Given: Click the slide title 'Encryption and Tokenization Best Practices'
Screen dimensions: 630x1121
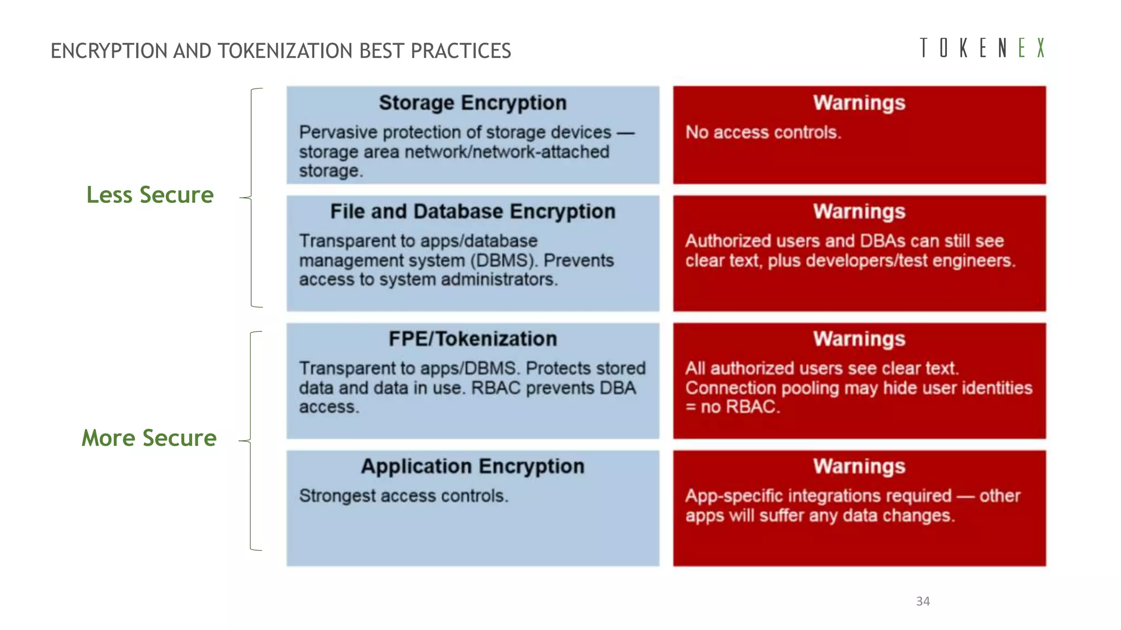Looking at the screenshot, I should pyautogui.click(x=281, y=51).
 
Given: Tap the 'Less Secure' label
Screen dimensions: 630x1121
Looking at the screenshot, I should pyautogui.click(x=150, y=195).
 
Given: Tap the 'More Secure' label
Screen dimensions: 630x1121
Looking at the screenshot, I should pyautogui.click(x=149, y=438).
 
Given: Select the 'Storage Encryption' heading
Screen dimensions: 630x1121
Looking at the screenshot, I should pyautogui.click(x=472, y=103).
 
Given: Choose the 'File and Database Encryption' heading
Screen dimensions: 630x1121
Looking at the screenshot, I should pyautogui.click(x=472, y=212).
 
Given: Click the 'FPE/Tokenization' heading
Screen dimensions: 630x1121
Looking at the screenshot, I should pyautogui.click(x=472, y=339).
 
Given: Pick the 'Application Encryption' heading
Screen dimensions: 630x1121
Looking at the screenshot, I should pyautogui.click(x=472, y=466).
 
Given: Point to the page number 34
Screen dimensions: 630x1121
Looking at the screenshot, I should pyautogui.click(x=923, y=602).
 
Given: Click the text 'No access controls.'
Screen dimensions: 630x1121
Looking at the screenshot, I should pyautogui.click(x=763, y=132).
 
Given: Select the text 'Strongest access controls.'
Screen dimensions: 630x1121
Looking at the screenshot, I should pyautogui.click(x=403, y=496).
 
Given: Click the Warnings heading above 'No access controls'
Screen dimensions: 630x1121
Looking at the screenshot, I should pyautogui.click(x=859, y=103).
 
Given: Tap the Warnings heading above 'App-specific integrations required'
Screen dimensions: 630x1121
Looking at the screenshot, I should pyautogui.click(x=859, y=466).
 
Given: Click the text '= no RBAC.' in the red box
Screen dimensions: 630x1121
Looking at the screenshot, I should pyautogui.click(x=732, y=407).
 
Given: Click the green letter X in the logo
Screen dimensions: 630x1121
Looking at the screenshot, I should pyautogui.click(x=1041, y=48).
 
